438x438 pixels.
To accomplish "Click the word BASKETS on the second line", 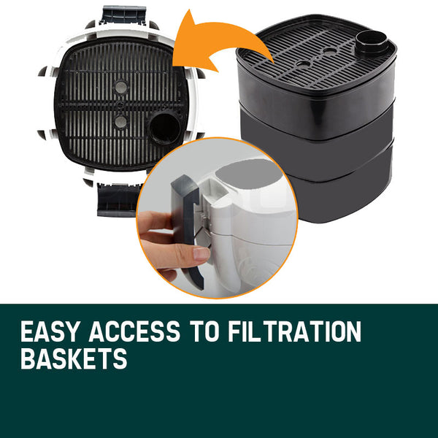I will pyautogui.click(x=74, y=358).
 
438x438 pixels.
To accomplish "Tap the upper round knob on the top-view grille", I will pyautogui.click(x=120, y=87).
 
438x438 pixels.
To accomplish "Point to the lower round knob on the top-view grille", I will pyautogui.click(x=120, y=121).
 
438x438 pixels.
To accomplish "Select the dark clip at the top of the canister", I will pyautogui.click(x=123, y=14).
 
